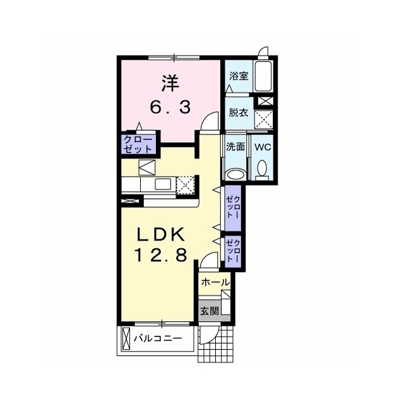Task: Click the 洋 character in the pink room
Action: pyautogui.click(x=170, y=83)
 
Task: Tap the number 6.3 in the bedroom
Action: pyautogui.click(x=170, y=107)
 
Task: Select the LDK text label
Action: pyautogui.click(x=160, y=234)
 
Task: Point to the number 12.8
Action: pyautogui.click(x=160, y=256)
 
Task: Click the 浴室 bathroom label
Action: pyautogui.click(x=239, y=76)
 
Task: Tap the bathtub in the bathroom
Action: pyautogui.click(x=263, y=76)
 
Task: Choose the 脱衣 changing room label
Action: pyautogui.click(x=239, y=112)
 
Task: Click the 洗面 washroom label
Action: pyautogui.click(x=235, y=146)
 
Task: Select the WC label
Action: pyautogui.click(x=263, y=147)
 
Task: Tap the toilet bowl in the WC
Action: pyautogui.click(x=262, y=169)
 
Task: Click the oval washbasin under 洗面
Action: pyautogui.click(x=235, y=174)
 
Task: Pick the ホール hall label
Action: pyautogui.click(x=215, y=282)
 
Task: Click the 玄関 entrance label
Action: pyautogui.click(x=210, y=311)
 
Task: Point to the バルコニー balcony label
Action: pyautogui.click(x=158, y=338)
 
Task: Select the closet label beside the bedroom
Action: pyautogui.click(x=138, y=145)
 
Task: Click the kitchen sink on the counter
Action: pyautogui.click(x=163, y=184)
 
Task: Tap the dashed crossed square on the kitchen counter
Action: pyautogui.click(x=186, y=185)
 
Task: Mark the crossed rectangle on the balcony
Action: pyautogui.click(x=126, y=338)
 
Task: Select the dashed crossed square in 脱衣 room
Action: pyautogui.click(x=263, y=119)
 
